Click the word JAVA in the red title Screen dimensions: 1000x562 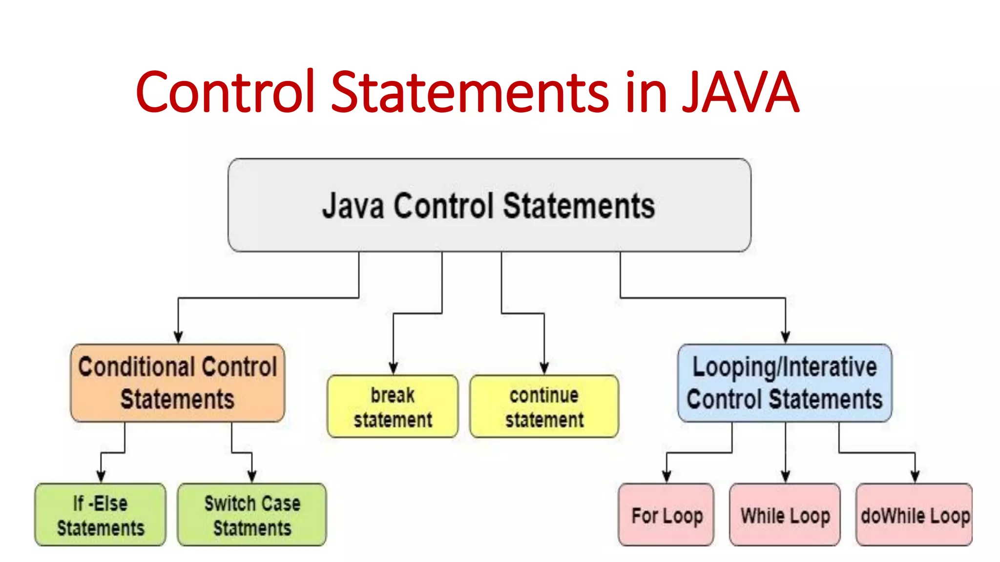pos(740,92)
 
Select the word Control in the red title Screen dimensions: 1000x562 pos(225,92)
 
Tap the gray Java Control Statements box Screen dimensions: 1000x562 pos(489,205)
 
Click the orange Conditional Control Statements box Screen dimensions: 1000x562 pos(178,383)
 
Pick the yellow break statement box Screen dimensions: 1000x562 pos(393,406)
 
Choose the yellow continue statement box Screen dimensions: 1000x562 pos(544,406)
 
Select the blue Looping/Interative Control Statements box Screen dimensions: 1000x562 pos(785,383)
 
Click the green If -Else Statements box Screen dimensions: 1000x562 pos(101,515)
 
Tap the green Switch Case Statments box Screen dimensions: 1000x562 pos(252,515)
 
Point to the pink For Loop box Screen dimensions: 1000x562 pos(667,515)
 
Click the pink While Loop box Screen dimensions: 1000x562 pos(785,515)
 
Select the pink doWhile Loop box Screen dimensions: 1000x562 pos(915,515)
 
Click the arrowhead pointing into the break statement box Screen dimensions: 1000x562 pos(393,368)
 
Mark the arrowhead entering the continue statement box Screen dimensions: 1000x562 pos(544,368)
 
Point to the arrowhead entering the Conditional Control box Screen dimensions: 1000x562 pos(178,338)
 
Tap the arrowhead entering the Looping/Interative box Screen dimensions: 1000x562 pos(786,338)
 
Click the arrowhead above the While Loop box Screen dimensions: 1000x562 pos(786,477)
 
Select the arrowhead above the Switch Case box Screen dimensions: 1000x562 pos(252,477)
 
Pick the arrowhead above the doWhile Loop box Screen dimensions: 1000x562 pos(915,477)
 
